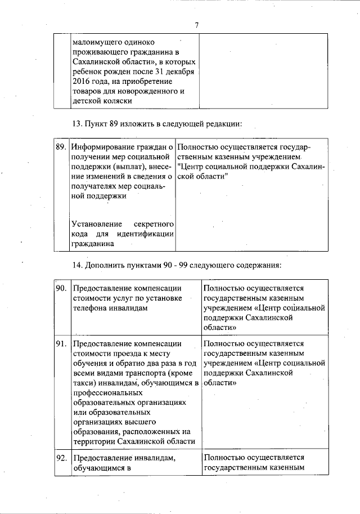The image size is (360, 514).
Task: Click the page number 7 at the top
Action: click(x=197, y=25)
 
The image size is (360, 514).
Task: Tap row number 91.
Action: click(x=61, y=343)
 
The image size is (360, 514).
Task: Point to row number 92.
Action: click(x=61, y=458)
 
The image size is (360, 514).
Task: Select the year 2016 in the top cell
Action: click(x=82, y=81)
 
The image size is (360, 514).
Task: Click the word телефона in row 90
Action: click(x=92, y=308)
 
